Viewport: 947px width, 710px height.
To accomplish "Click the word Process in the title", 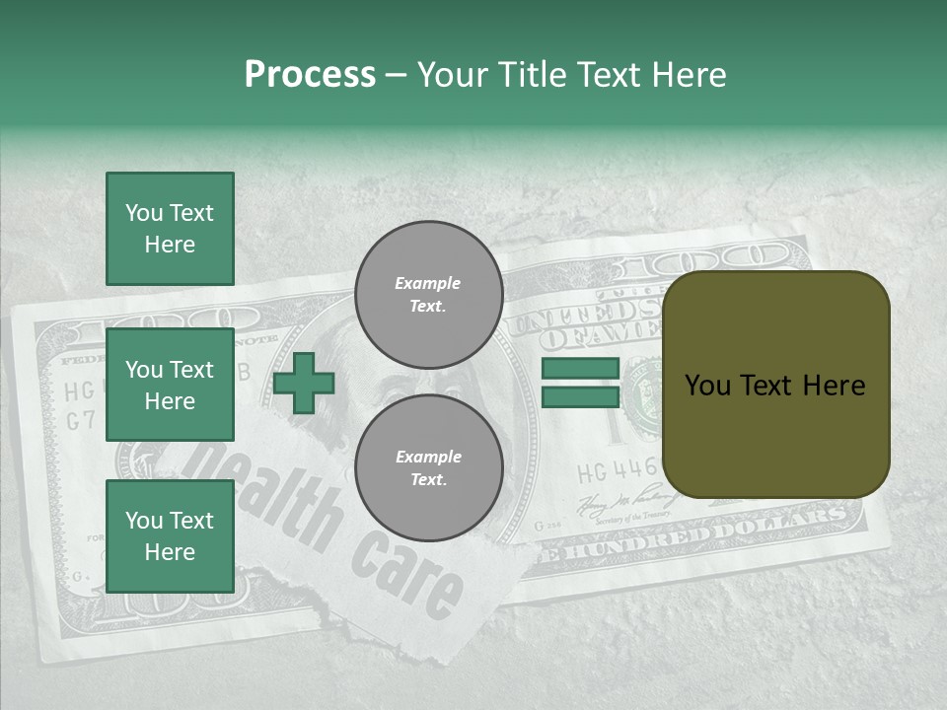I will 310,75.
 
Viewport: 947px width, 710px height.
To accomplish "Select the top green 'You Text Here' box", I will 170,229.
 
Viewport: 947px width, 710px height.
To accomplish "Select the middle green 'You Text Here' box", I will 170,385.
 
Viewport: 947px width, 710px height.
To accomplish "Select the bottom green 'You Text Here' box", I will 170,535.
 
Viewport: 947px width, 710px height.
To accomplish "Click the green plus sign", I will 304,383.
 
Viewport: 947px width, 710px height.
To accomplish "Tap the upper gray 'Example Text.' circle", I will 428,295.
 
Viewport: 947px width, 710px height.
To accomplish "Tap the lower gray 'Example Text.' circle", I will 428,468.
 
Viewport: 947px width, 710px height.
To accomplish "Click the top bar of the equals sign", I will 580,369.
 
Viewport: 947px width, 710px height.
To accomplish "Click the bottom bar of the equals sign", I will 580,396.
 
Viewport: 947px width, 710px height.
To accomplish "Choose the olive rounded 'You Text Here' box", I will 775,385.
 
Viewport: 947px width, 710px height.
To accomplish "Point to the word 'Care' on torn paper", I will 405,572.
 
